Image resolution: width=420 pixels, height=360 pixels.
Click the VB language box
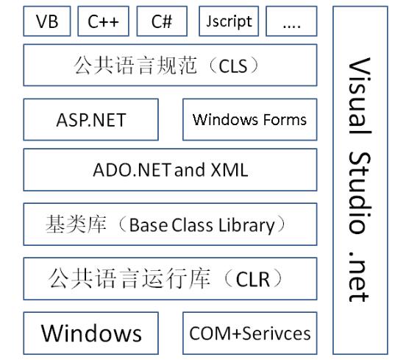pos(47,21)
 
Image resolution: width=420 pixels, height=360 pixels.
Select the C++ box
pos(103,21)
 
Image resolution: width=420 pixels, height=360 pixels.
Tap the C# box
pos(162,21)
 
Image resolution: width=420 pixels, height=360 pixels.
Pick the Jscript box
pos(229,21)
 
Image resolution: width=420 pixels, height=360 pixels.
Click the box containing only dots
pos(291,21)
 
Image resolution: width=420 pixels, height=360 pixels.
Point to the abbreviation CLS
pos(232,66)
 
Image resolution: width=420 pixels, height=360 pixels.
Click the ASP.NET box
pos(90,119)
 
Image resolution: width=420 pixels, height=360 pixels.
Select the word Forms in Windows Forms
pos(285,119)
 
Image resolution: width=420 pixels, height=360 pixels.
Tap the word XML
pos(229,170)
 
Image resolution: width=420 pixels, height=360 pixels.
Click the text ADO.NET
pos(132,170)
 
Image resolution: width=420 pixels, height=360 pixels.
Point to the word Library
pos(246,226)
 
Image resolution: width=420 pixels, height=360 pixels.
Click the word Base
pos(149,225)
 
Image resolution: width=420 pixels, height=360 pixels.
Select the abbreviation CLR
pos(252,280)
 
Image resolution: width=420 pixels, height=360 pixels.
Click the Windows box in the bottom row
pos(90,333)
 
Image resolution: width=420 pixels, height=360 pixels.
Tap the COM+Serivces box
pos(250,333)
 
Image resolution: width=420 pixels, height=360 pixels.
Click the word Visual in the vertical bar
pos(360,96)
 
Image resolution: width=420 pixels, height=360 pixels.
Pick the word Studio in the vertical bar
pos(360,192)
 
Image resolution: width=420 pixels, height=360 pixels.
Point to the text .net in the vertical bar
pos(360,276)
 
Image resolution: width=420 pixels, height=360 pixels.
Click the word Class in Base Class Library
pos(192,225)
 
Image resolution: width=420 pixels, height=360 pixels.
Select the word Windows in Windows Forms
pos(227,119)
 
